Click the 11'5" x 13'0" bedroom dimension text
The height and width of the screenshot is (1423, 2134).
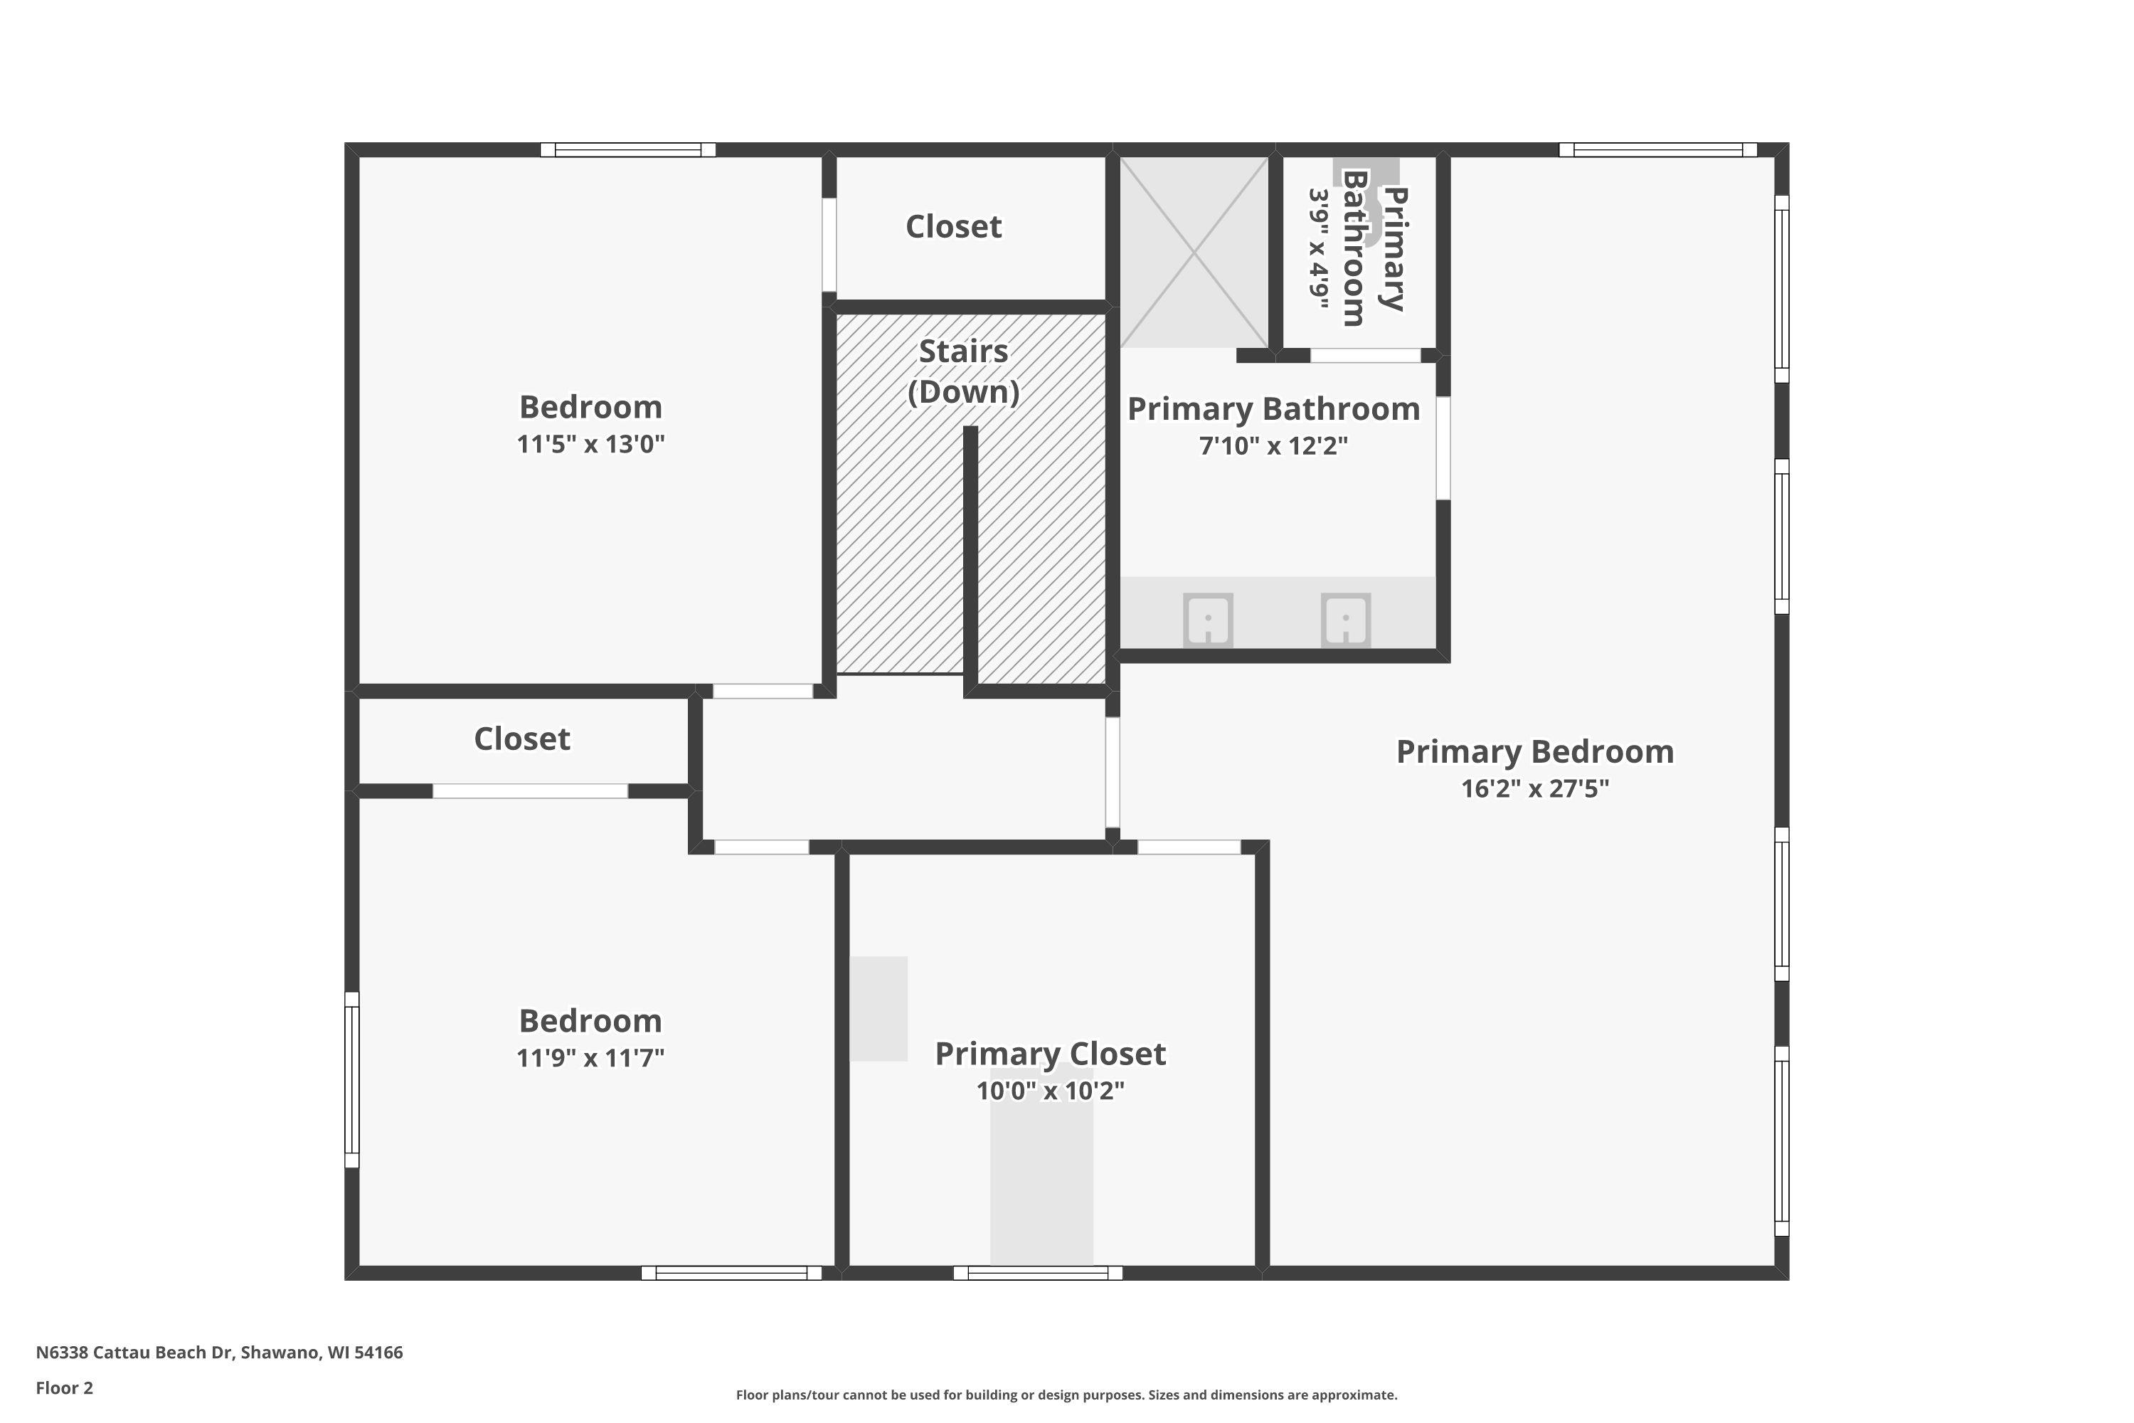(x=590, y=444)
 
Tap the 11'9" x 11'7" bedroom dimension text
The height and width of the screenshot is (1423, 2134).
(x=590, y=1057)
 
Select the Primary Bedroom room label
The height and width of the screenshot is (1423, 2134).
(x=1534, y=751)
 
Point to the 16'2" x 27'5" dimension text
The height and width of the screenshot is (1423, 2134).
(x=1534, y=788)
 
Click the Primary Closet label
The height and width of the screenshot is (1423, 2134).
(x=1050, y=1054)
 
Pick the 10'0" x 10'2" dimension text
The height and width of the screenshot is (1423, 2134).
(x=1050, y=1090)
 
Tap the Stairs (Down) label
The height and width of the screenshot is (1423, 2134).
(x=964, y=371)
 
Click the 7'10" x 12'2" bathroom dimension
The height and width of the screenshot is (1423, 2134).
(x=1273, y=445)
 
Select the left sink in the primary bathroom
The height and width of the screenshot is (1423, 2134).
(x=1208, y=620)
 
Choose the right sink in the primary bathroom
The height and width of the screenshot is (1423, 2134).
(x=1346, y=620)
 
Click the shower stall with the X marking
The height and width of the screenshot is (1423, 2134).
(x=1194, y=253)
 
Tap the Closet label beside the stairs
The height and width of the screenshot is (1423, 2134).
(x=954, y=227)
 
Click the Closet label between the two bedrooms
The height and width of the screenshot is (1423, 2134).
(x=521, y=739)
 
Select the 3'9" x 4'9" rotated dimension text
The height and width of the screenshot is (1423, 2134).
(x=1318, y=247)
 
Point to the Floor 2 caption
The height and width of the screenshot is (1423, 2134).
(x=65, y=1387)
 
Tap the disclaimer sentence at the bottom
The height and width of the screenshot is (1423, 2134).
(x=1066, y=1395)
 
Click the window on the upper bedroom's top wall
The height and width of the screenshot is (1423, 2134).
(x=628, y=149)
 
